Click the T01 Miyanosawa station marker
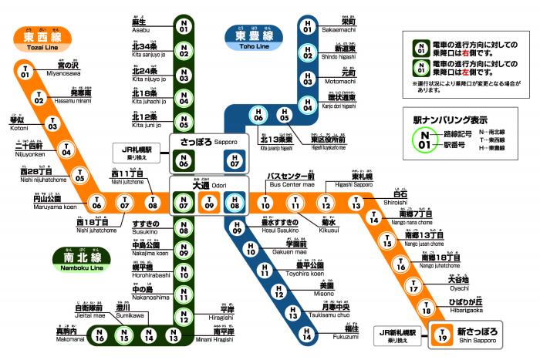pos(25,73)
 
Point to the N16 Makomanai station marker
pos(100,335)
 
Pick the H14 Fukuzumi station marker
pos(307,335)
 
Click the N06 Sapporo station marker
pos(184,161)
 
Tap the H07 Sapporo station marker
pos(236,161)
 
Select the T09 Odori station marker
pos(210,204)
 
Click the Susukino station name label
pos(145,227)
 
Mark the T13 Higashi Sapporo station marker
pos(356,204)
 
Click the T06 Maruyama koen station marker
pos(96,204)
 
